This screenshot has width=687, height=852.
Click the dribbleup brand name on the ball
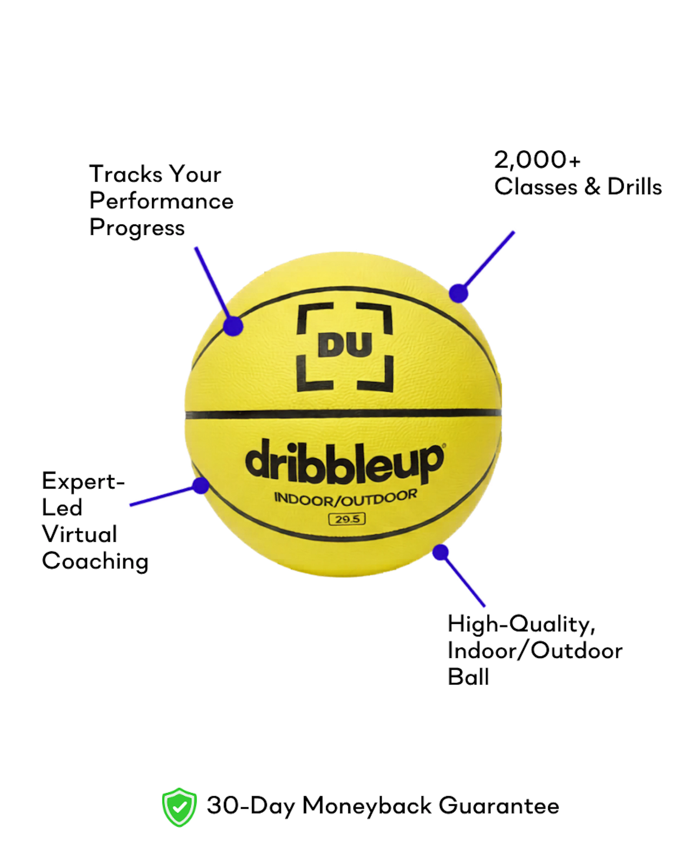click(x=344, y=463)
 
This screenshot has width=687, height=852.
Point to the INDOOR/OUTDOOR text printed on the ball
click(x=345, y=499)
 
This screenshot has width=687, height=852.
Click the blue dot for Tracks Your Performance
click(x=233, y=326)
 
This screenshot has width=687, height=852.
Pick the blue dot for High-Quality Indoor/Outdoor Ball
click(x=440, y=552)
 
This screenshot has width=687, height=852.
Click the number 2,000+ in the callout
click(x=537, y=160)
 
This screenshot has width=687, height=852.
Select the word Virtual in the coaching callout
click(x=80, y=534)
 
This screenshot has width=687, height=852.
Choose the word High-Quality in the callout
click(x=521, y=625)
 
